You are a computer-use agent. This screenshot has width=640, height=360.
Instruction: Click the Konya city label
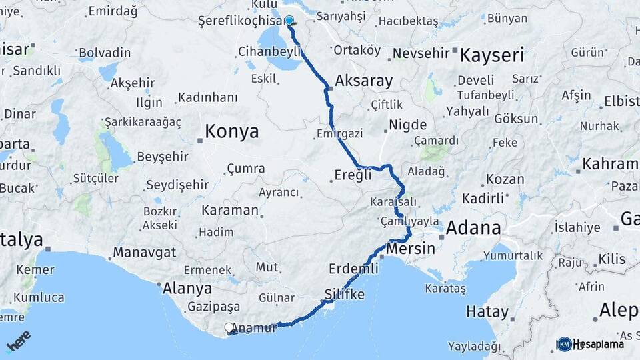[231, 131]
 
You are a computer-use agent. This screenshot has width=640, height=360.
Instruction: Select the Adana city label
[473, 228]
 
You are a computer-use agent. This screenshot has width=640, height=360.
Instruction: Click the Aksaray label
[363, 81]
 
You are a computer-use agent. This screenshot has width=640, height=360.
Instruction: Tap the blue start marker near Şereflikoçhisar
[289, 21]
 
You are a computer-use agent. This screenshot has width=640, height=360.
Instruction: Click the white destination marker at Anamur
[229, 328]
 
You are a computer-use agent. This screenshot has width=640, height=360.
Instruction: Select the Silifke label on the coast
[344, 293]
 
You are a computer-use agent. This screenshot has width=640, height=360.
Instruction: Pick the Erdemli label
[353, 269]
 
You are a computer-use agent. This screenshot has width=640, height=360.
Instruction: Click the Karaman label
[229, 210]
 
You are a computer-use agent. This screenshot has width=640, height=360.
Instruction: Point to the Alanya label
[187, 289]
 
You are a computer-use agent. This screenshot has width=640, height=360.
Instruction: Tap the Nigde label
[407, 124]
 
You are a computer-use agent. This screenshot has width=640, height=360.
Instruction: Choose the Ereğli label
[351, 176]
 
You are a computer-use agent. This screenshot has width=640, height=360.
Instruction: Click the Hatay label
[487, 311]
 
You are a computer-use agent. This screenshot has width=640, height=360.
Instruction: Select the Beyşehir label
[163, 157]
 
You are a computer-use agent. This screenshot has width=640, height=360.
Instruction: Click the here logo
[19, 340]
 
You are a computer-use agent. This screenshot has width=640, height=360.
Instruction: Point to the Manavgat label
[144, 252]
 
